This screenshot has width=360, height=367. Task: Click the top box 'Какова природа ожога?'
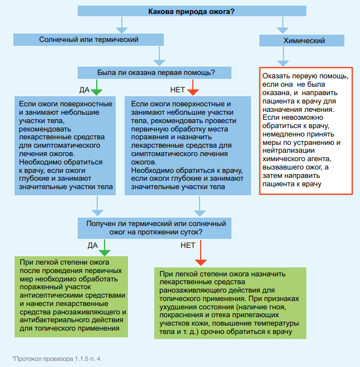[192, 11]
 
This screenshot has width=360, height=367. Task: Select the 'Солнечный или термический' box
[88, 40]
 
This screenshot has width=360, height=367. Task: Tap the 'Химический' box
[302, 40]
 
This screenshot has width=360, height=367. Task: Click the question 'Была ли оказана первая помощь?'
[154, 73]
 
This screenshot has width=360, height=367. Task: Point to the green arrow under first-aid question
[97, 87]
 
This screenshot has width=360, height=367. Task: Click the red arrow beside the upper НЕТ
[193, 87]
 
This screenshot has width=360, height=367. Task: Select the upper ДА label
[84, 90]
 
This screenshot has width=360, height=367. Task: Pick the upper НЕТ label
[178, 90]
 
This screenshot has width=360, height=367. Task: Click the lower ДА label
[93, 245]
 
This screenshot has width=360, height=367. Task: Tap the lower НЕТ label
[188, 245]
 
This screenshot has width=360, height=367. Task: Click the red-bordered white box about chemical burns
[306, 131]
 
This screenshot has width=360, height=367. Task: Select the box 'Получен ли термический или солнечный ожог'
[154, 228]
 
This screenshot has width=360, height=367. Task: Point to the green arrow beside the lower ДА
[105, 248]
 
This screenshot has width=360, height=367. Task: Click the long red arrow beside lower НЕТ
[201, 253]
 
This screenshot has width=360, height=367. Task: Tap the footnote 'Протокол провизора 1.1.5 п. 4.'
[58, 359]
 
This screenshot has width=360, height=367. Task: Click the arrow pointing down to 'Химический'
[282, 25]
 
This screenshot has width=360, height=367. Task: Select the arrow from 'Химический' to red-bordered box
[283, 57]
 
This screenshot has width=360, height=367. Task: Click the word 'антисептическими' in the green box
[51, 295]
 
